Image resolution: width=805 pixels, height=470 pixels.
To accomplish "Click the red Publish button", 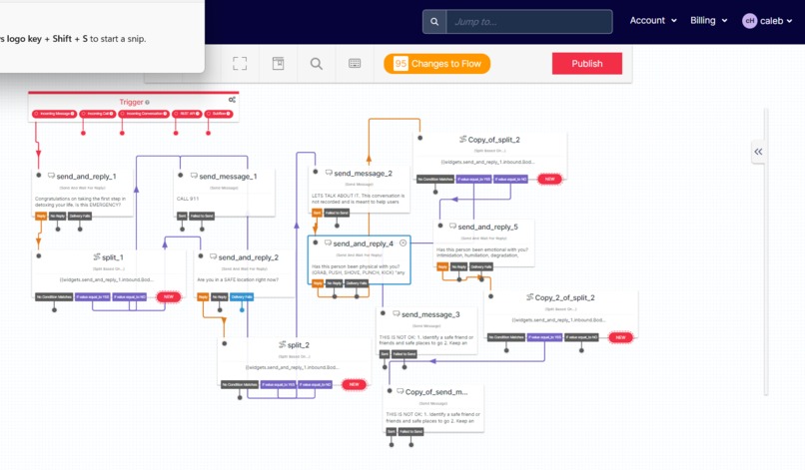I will click(586, 64).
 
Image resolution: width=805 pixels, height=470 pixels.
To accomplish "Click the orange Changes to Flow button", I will click(436, 64).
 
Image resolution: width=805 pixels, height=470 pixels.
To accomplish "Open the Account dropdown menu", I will click(653, 20).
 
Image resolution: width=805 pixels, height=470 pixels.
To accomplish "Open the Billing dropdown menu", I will click(709, 20).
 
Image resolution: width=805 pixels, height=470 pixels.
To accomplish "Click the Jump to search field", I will click(514, 21).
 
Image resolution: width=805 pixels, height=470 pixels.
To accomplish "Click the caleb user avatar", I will click(750, 21).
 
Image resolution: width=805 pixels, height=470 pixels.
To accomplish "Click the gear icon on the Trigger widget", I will click(232, 100).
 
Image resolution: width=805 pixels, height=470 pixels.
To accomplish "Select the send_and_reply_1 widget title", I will click(86, 176).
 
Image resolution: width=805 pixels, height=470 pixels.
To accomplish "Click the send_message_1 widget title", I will click(223, 176).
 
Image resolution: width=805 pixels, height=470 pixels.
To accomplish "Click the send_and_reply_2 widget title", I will click(248, 257).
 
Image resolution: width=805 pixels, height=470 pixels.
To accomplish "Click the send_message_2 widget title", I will click(363, 174).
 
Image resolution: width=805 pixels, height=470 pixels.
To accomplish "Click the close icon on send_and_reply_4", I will click(403, 242).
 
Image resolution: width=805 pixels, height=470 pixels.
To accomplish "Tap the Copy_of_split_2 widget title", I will click(493, 140).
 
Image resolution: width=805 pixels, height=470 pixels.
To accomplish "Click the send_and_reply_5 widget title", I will click(488, 227).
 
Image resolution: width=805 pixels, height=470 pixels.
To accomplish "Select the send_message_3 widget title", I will click(429, 314).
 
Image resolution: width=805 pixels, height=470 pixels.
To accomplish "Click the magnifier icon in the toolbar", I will click(316, 64).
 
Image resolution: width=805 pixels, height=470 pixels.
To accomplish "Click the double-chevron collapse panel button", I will click(758, 152).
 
